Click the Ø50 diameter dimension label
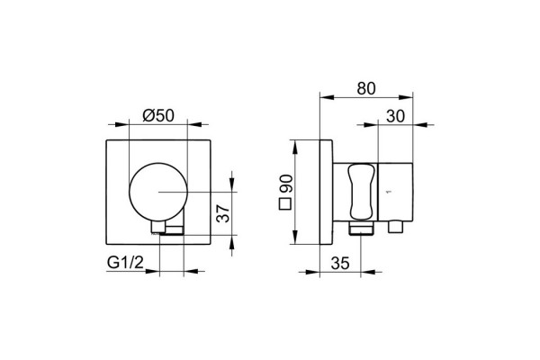[158, 115]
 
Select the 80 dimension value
[366, 88]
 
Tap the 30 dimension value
[395, 116]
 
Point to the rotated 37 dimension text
[223, 213]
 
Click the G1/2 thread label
[125, 263]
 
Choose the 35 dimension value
[340, 264]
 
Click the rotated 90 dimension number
[286, 184]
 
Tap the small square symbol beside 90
[285, 204]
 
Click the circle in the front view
[129, 192]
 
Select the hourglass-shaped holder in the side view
[361, 192]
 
